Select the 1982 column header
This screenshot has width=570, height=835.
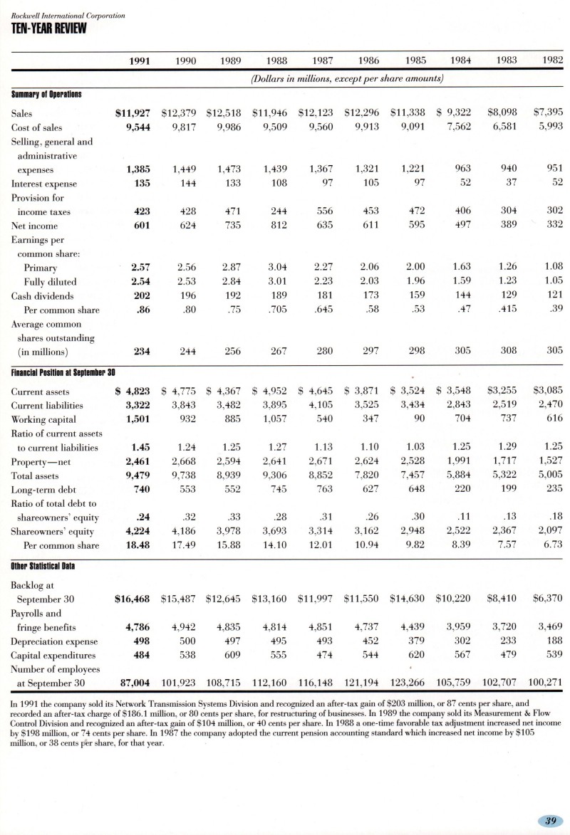point(552,61)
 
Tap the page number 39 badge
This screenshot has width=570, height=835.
point(550,821)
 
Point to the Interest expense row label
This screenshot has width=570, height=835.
point(43,183)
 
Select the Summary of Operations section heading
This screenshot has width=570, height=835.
point(46,93)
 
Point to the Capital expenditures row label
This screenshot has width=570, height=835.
point(55,654)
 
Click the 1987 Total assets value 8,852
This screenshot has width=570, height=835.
point(325,475)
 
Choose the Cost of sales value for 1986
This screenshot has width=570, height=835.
point(368,127)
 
